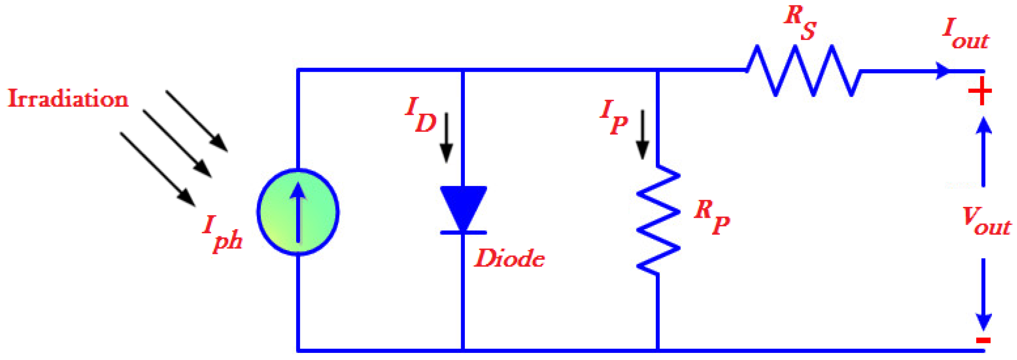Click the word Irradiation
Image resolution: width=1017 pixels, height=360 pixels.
68,99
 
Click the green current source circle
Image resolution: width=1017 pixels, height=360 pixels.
298,212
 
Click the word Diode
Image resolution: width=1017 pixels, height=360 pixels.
509,258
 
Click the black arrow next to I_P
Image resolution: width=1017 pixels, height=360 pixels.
642,135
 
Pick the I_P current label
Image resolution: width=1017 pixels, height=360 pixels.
613,117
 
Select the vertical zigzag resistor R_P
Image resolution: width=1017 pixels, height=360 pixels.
658,220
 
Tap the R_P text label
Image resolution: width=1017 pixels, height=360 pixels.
712,217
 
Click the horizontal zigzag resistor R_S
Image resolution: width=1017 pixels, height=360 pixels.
803,70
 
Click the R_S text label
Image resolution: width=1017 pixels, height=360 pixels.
800,23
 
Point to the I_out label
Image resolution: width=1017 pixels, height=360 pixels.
965,34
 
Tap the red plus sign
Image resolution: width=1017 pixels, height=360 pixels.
980,91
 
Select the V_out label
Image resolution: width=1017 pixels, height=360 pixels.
986,222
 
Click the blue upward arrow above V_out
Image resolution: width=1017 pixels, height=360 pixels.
983,151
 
